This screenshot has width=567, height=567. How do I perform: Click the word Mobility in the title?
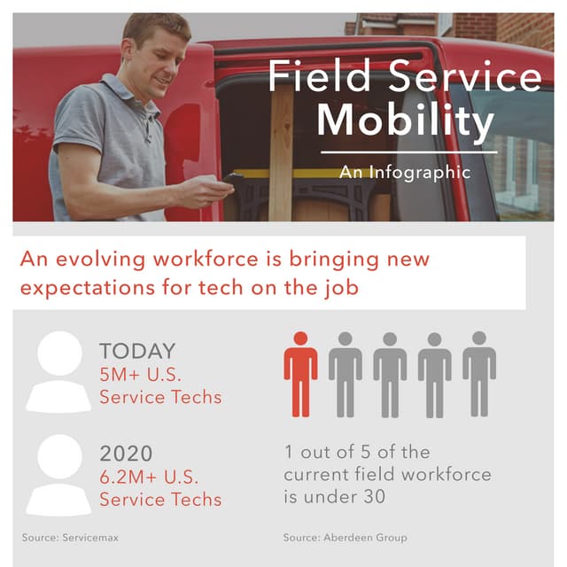click(x=405, y=121)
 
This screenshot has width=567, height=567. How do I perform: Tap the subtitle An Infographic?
click(x=404, y=171)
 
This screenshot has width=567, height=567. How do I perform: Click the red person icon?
click(x=300, y=373)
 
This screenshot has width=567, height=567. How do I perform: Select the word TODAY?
click(x=137, y=351)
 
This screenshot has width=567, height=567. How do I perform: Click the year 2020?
click(x=127, y=454)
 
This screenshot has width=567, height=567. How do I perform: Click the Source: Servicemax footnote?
click(x=70, y=537)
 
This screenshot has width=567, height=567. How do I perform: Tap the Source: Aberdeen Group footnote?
click(x=346, y=537)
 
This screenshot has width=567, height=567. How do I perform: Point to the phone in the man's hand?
click(x=233, y=181)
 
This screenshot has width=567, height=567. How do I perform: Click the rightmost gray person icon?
click(x=478, y=373)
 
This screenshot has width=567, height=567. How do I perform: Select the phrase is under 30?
click(x=335, y=497)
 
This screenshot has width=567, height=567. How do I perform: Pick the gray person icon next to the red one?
click(x=345, y=373)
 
